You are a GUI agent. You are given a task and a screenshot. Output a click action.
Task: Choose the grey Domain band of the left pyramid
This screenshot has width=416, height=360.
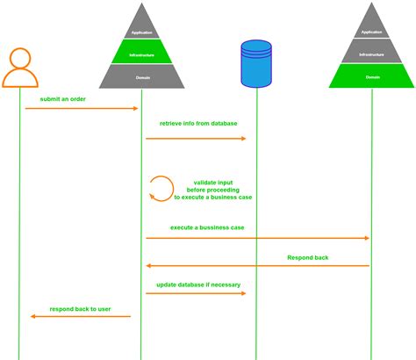[x=141, y=76]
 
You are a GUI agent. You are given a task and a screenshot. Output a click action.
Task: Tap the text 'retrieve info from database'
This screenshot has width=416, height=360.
[x=198, y=124]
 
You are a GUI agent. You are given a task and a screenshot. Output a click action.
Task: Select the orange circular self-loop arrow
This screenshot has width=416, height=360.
[x=161, y=188]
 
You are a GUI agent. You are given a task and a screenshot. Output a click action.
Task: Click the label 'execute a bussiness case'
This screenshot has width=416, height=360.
[x=207, y=227]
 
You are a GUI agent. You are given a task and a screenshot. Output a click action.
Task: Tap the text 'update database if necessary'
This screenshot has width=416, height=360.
[x=198, y=284]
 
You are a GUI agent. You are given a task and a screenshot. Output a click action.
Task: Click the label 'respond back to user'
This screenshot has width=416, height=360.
[x=80, y=308]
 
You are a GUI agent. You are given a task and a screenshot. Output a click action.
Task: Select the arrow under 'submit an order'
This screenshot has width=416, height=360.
[x=82, y=109]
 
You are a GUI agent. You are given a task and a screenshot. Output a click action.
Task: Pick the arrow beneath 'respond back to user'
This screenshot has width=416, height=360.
[x=80, y=317]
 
